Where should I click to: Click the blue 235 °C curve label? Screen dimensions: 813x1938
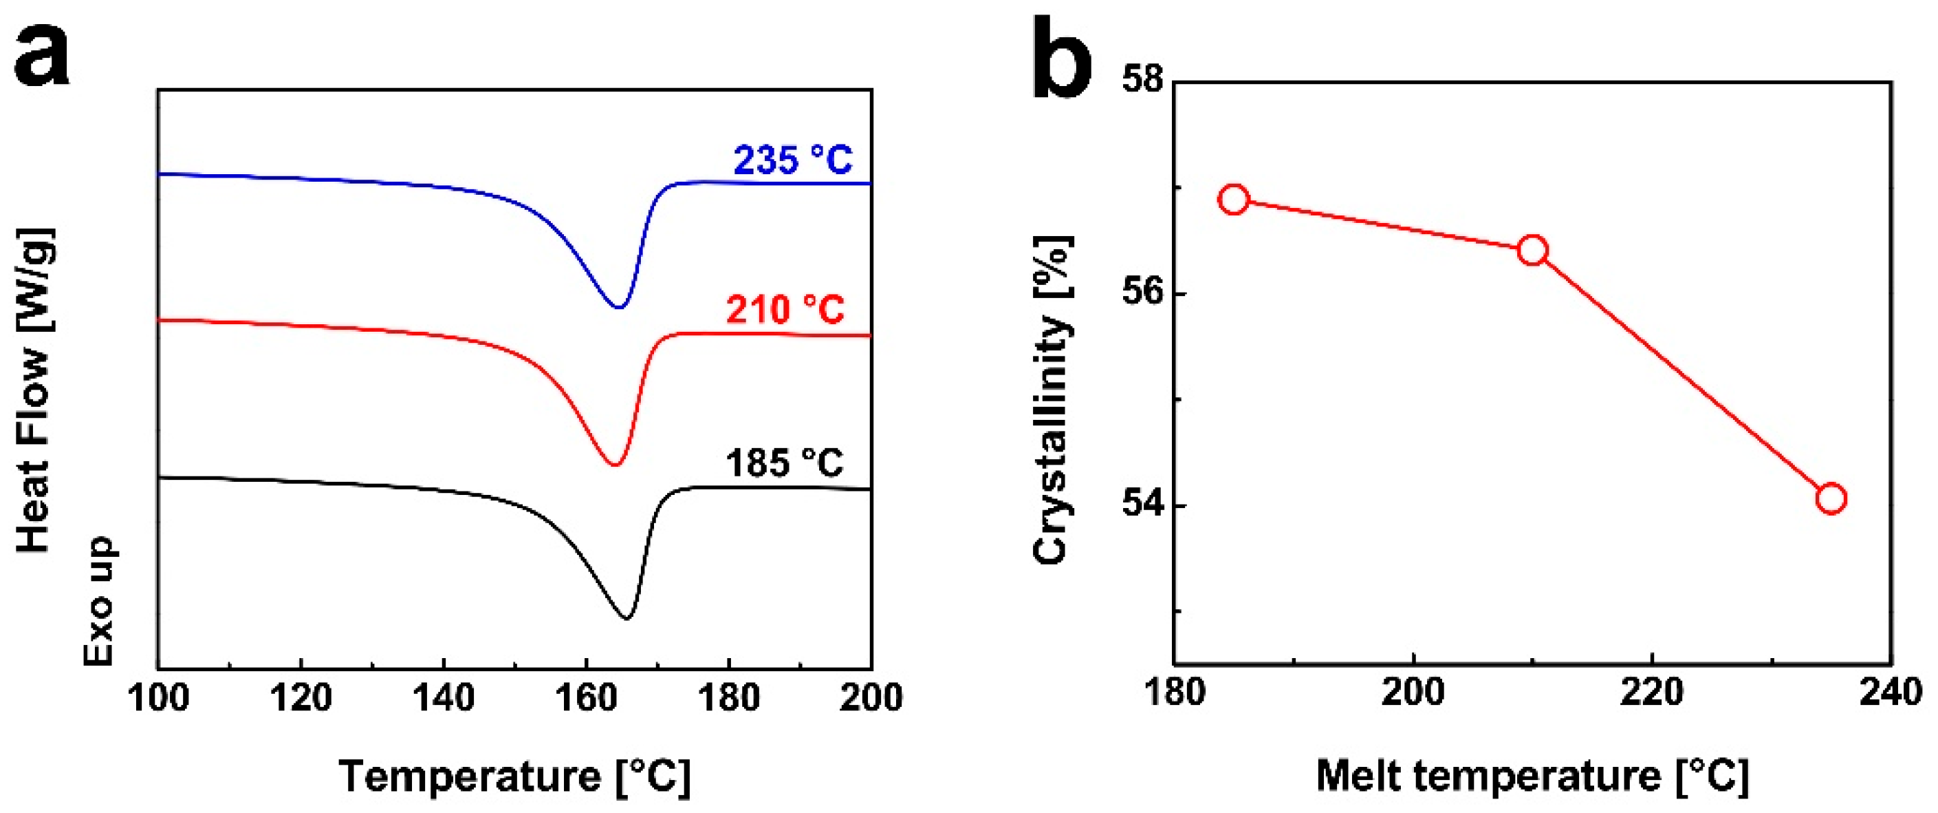click(x=793, y=160)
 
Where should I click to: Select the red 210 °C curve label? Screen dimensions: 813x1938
click(x=785, y=309)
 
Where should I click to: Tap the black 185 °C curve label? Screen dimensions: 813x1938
click(x=784, y=463)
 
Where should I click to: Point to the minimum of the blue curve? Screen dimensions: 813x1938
click(x=618, y=307)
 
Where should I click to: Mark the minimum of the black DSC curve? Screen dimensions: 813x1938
click(x=626, y=619)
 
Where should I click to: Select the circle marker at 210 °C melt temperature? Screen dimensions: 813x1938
click(x=1532, y=251)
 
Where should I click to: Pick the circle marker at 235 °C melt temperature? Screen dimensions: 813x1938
click(x=1831, y=499)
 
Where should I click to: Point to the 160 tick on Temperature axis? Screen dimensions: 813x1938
click(x=586, y=697)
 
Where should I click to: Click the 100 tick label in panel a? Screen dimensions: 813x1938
click(x=158, y=697)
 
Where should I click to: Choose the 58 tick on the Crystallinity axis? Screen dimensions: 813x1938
click(x=1142, y=80)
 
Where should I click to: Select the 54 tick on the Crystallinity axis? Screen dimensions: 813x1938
click(x=1142, y=505)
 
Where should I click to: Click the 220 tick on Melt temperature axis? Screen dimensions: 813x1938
click(x=1652, y=691)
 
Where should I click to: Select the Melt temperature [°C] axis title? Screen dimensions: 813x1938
click(x=1532, y=775)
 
